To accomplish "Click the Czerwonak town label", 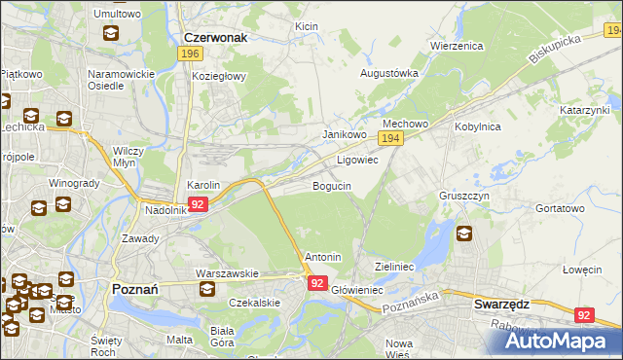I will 215,37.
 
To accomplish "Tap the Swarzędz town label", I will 500,304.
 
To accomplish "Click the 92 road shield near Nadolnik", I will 198,204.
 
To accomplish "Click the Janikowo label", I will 344,135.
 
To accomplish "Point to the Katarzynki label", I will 584,111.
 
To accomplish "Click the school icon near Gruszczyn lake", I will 463,234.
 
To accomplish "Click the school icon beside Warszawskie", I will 206,290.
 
